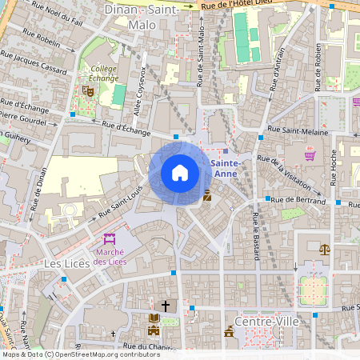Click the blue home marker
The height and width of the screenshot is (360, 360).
180,173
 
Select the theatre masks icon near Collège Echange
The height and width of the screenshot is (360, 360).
88,91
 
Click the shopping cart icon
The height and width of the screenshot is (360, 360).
310,155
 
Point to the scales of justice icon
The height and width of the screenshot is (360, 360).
324,249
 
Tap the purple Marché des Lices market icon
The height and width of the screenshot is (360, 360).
110,238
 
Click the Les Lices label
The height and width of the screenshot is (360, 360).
64,263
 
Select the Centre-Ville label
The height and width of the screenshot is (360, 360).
255,321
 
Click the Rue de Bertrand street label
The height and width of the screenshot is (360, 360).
298,200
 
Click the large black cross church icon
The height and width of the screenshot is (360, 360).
166,306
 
